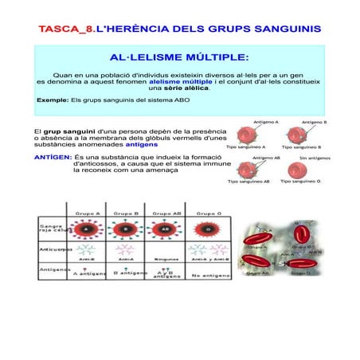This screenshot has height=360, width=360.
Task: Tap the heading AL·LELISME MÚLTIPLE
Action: [178, 58]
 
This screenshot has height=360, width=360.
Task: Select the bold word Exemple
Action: [53, 100]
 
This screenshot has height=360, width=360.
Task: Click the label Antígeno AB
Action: [265, 158]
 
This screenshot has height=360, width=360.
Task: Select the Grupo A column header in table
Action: [88, 213]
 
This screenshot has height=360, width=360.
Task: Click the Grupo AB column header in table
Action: [166, 213]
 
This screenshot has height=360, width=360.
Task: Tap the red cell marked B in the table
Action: [126, 229]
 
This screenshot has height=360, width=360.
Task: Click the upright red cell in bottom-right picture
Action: [300, 233]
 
